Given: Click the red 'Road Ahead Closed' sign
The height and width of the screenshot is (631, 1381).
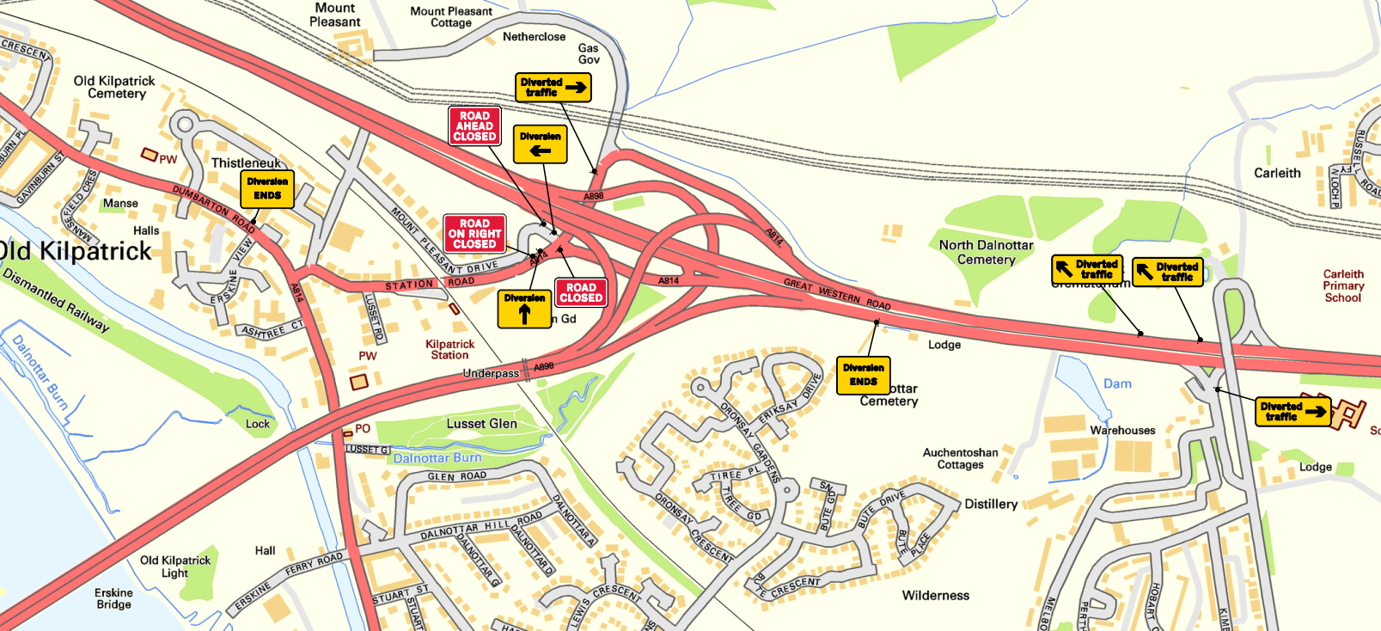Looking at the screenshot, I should click(474, 126).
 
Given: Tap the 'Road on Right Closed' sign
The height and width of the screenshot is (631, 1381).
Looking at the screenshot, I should click(474, 233).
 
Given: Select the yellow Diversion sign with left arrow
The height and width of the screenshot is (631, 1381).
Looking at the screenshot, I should click(540, 144).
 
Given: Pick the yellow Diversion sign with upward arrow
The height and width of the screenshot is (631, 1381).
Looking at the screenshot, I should click(524, 309).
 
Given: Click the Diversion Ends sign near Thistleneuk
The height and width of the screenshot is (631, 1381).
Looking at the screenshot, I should click(267, 189).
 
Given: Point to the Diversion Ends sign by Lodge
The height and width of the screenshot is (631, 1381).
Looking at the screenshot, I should click(863, 376).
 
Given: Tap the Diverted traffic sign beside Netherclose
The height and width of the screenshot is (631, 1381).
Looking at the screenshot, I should click(553, 87).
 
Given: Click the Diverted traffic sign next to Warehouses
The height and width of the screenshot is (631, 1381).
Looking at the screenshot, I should click(1292, 411).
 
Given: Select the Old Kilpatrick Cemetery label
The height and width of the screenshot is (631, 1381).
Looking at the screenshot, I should click(114, 87).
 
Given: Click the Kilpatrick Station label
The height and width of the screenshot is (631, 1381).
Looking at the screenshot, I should click(450, 349).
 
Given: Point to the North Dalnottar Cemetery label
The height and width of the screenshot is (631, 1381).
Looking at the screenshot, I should click(986, 252).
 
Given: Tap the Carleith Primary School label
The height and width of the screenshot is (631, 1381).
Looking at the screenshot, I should click(1343, 285).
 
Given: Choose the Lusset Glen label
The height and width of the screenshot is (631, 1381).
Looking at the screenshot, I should click(481, 424).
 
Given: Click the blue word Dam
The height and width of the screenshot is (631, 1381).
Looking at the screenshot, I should click(1117, 383).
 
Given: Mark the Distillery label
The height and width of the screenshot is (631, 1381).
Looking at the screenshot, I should click(991, 504).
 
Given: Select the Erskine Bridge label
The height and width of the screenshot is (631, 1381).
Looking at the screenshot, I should click(113, 598).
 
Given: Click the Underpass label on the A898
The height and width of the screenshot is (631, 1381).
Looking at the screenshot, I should click(491, 373).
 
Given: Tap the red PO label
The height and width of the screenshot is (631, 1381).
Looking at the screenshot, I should click(363, 428).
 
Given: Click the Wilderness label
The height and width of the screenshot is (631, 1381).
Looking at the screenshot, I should click(935, 595).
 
